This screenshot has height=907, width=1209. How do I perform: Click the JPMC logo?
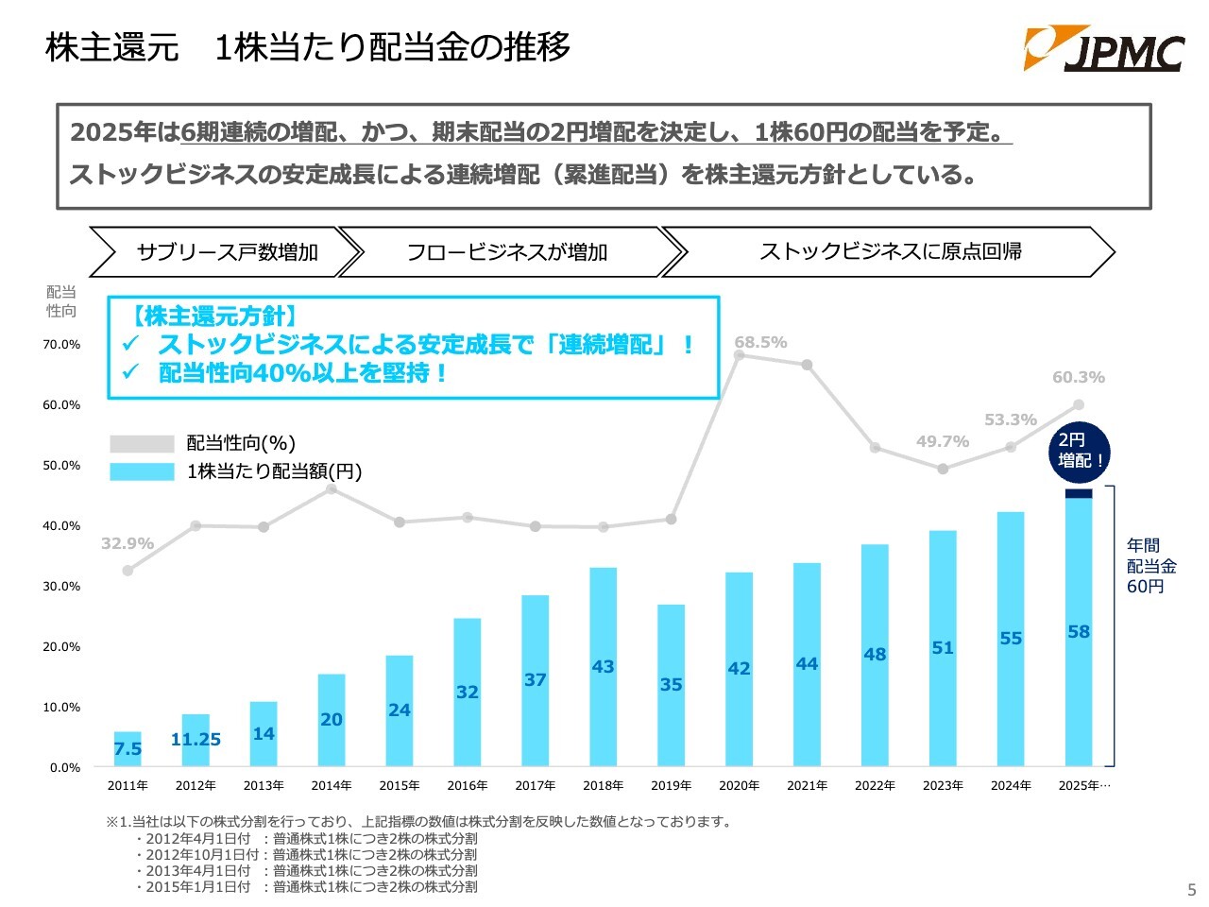(x=1103, y=49)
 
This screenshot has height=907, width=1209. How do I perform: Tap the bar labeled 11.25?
(x=196, y=740)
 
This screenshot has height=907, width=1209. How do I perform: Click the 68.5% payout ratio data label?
(x=760, y=342)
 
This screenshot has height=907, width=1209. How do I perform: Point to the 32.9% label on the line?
(x=128, y=543)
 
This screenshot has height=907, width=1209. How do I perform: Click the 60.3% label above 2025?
(x=1078, y=377)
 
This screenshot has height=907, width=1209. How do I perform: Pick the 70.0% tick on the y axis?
(x=61, y=345)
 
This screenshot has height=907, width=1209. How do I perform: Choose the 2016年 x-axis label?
(x=468, y=786)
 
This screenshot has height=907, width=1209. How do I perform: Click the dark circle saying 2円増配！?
(x=1080, y=451)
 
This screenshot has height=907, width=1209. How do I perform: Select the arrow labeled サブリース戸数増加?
(x=227, y=252)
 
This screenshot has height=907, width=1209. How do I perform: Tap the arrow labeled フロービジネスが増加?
(x=507, y=252)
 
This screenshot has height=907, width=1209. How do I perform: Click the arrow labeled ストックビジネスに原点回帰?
(x=890, y=251)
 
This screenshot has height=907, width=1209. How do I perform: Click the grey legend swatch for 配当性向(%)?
(x=142, y=444)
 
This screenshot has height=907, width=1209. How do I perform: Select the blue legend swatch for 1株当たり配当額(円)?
(x=142, y=471)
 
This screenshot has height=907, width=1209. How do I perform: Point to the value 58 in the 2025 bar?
(x=1079, y=632)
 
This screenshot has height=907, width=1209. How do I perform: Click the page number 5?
(x=1191, y=890)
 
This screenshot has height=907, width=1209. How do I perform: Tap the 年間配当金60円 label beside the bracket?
(x=1151, y=566)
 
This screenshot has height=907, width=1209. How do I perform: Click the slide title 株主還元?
(x=112, y=47)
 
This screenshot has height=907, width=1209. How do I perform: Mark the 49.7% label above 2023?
(x=942, y=441)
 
